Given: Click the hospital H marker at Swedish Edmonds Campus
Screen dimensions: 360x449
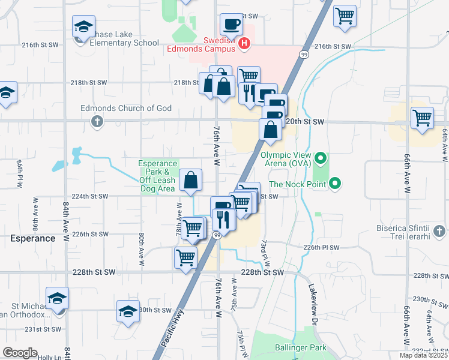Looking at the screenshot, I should click(x=244, y=43).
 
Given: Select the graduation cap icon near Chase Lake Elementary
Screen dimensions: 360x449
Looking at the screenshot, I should click(x=83, y=27).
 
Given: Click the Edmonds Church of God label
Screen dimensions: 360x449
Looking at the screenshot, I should click(x=127, y=109).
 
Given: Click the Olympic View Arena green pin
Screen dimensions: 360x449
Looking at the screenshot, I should click(x=320, y=159).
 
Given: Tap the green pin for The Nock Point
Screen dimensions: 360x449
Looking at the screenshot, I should click(x=335, y=184).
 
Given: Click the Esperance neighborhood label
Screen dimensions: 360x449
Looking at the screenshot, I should click(x=32, y=238).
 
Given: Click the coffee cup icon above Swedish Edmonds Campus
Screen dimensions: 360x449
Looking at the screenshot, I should click(x=231, y=25).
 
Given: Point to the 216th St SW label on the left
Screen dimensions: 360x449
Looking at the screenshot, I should click(x=40, y=45).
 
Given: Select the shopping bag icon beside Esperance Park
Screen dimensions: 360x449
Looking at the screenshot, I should click(x=190, y=180).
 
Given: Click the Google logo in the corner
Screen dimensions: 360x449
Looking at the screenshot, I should click(x=20, y=353).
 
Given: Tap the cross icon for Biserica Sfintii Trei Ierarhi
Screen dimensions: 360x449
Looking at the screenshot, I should click(x=440, y=230).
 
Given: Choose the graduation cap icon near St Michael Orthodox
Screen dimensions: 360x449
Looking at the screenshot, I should click(x=57, y=298).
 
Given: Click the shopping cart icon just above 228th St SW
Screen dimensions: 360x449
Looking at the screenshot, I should click(x=185, y=258).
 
